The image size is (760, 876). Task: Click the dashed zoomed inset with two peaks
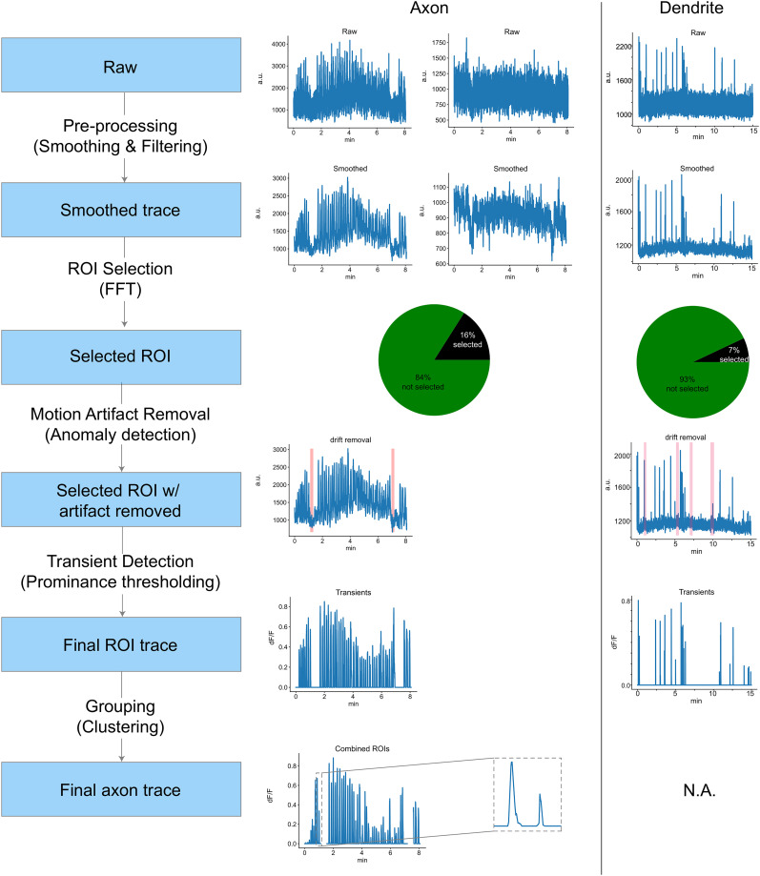pyautogui.click(x=526, y=794)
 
